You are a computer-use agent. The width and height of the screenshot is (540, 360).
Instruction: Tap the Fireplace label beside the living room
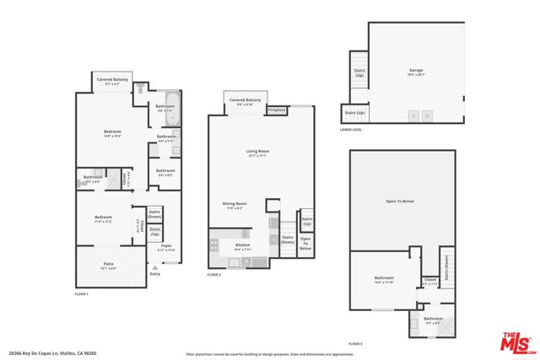276,110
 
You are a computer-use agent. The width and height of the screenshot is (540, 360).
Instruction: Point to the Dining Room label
235,204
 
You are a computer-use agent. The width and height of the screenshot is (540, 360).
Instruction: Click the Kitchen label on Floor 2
243,246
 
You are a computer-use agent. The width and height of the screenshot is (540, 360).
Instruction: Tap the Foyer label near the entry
166,247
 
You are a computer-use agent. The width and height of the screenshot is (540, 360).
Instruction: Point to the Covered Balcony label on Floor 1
112,79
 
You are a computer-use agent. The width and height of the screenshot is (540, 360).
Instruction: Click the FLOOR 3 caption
356,344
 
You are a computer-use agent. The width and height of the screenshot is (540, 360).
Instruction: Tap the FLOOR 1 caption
82,293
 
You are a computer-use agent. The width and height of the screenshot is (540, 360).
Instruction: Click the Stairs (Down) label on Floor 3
445,266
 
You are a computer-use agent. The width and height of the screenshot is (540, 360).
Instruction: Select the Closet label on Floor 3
429,280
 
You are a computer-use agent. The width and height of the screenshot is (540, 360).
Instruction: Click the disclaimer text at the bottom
269,354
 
